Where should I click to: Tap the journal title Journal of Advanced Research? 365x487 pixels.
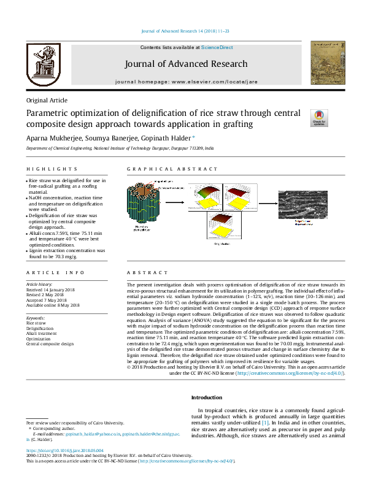(x=186, y=64)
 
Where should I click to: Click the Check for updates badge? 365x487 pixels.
(x=320, y=117)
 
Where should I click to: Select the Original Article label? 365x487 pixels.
(x=47, y=100)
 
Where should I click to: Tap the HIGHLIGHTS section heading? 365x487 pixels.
(x=48, y=169)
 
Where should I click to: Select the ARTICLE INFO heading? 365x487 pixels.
(x=55, y=272)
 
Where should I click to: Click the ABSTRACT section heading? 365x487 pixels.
(x=147, y=272)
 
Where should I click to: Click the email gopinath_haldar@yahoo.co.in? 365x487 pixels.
(x=84, y=434)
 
